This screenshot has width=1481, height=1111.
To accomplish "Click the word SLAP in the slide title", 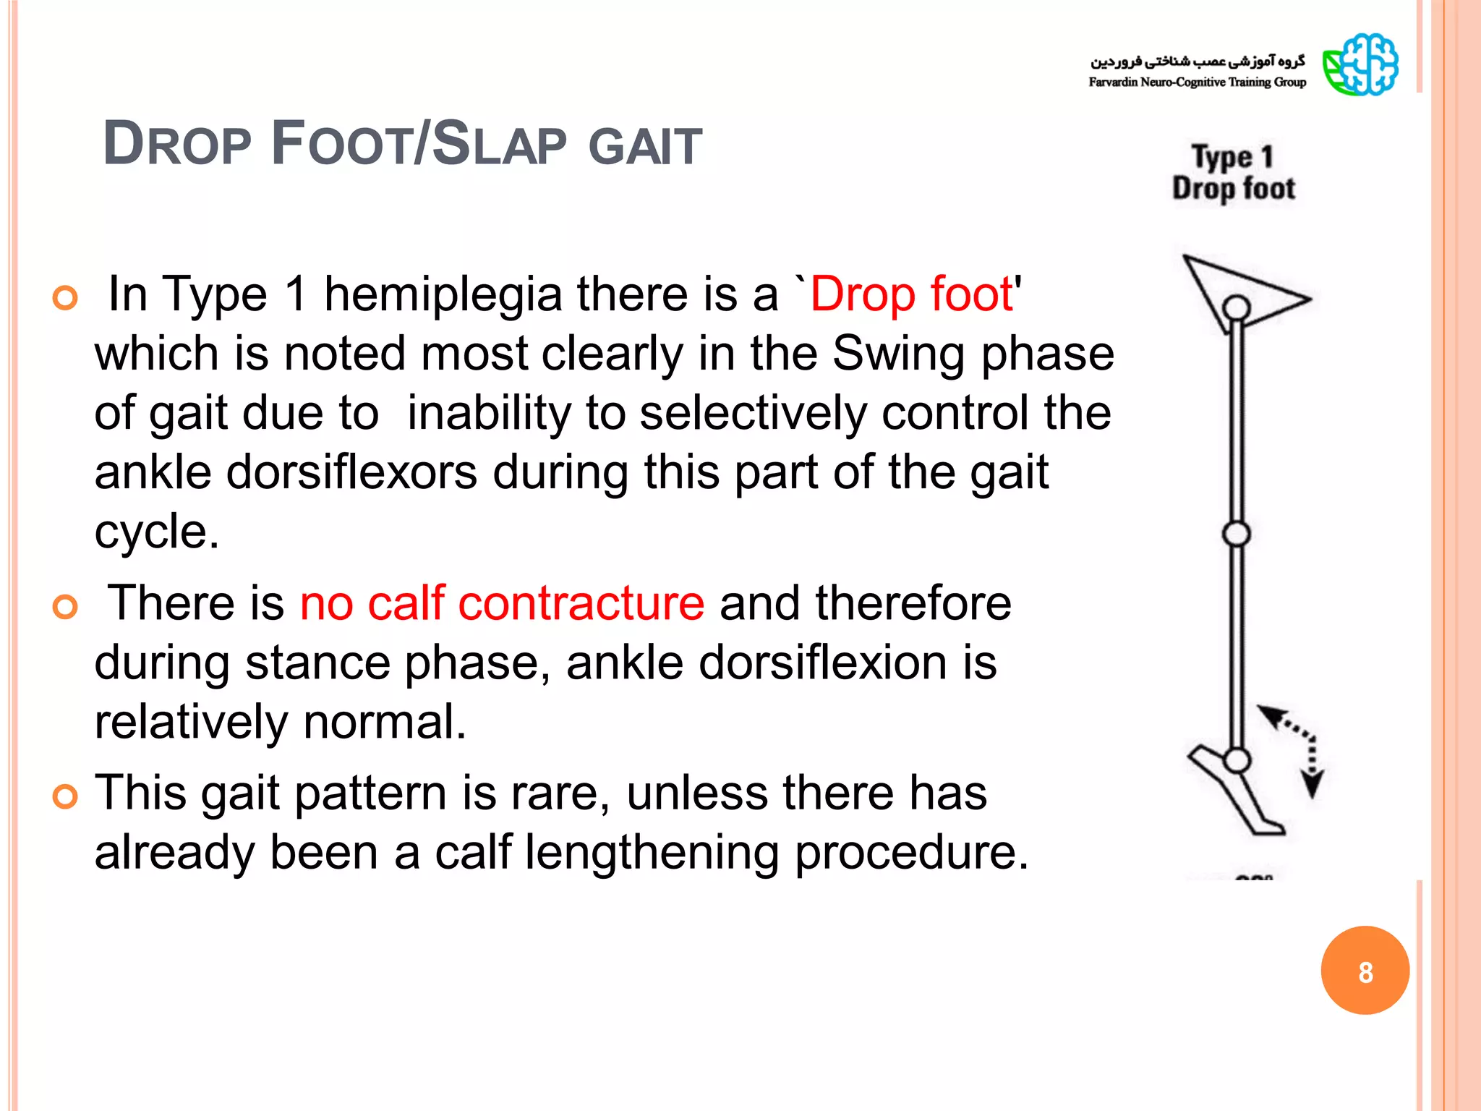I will pos(499,144).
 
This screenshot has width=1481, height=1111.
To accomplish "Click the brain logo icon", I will pos(1360,64).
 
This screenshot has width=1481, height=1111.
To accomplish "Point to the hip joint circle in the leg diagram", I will pos(1237,307).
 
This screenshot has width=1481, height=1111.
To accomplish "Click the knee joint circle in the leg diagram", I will pos(1237,534).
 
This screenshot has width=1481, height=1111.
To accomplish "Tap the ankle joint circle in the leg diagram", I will pos(1237,760).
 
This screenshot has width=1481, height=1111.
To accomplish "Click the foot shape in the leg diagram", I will pos(1237,796).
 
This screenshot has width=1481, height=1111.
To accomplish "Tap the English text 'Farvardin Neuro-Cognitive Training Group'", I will pos(1197,82).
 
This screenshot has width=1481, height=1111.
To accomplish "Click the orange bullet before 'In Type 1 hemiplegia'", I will pos(65,297).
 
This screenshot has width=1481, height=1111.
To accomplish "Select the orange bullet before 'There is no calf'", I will pos(65,606).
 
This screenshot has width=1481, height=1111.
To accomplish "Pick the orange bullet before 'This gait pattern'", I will pos(65,796).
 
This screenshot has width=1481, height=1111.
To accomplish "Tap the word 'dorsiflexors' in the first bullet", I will pos(351,472).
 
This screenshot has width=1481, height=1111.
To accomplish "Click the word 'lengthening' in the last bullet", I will pos(652,852).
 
